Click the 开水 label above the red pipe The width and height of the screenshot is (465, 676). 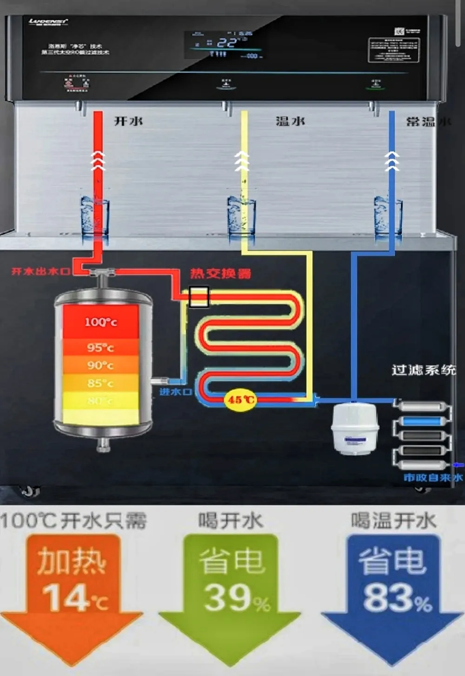coord(128,121)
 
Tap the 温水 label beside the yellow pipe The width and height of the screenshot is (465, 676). coord(290,121)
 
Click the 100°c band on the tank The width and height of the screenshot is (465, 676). coord(100,322)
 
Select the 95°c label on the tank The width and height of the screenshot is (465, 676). coord(100,347)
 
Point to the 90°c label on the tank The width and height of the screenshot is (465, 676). coord(100,365)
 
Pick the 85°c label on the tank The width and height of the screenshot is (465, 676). coord(100,383)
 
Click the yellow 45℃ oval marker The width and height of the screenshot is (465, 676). coord(240,399)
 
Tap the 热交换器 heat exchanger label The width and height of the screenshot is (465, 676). coord(220,273)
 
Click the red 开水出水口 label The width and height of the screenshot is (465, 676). coord(41,271)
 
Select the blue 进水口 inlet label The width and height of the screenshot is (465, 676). coord(176,392)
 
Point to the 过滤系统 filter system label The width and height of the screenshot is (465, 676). coord(423,370)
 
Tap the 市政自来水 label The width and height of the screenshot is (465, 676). coord(432,477)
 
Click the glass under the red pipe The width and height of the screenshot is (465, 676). coord(95,216)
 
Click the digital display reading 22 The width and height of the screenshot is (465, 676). coord(226,43)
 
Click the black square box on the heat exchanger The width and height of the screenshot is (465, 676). coord(199,297)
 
